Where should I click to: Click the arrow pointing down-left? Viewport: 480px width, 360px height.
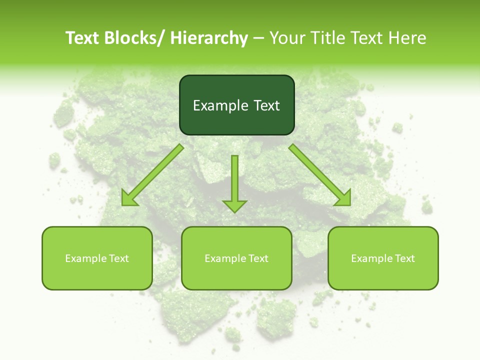tap(152, 175)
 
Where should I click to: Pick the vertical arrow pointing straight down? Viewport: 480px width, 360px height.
tap(234, 182)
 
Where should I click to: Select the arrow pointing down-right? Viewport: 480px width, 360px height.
tap(320, 175)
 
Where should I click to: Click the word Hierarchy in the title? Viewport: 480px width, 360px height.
tap(209, 38)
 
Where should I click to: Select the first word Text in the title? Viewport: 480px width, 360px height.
tap(82, 38)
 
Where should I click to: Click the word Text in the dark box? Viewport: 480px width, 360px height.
tap(266, 105)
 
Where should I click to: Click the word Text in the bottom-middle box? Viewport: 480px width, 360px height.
tap(258, 258)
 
